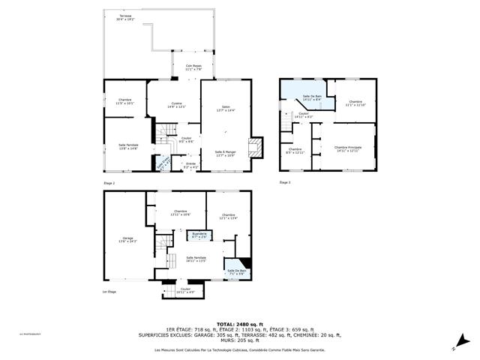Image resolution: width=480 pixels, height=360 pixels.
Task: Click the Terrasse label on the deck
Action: pos(114,18)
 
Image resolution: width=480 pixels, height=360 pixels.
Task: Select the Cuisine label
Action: pos(176,105)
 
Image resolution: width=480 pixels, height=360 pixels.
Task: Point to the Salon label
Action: pos(225,109)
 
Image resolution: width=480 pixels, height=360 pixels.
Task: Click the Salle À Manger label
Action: pos(225,154)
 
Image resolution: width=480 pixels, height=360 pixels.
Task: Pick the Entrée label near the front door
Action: pos(190,165)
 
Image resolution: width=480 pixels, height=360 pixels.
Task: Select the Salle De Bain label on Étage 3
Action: pos(312,97)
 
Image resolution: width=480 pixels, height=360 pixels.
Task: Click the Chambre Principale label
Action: pos(348,148)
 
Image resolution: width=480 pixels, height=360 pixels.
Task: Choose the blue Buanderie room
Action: pos(197,235)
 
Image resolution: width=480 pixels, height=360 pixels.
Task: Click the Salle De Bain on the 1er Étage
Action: pos(236,271)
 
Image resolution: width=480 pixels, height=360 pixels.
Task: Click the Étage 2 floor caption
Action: pos(109,182)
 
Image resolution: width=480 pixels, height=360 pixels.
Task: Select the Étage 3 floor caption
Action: pos(285,182)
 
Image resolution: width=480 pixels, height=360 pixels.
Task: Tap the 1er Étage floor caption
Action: pos(109,292)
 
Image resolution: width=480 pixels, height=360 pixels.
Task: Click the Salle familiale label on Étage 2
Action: pos(127,146)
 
